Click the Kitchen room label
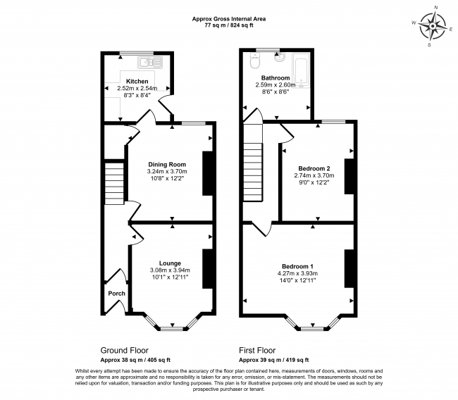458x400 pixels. pyautogui.click(x=137, y=81)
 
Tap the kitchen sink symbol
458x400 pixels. pyautogui.click(x=150, y=62)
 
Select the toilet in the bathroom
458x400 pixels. pyautogui.click(x=254, y=61)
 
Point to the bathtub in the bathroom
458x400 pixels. pyautogui.click(x=301, y=70)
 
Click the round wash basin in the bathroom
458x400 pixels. pyautogui.click(x=280, y=57)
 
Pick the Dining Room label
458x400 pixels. pyautogui.click(x=167, y=164)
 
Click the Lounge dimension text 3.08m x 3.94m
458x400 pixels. pyautogui.click(x=170, y=270)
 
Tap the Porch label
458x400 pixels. pyautogui.click(x=116, y=294)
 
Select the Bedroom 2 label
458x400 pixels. pyautogui.click(x=314, y=168)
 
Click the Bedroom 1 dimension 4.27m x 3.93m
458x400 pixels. pyautogui.click(x=297, y=273)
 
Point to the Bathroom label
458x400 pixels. pyautogui.click(x=276, y=78)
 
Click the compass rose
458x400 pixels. pyautogui.click(x=433, y=27)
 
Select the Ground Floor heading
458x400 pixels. pyautogui.click(x=125, y=350)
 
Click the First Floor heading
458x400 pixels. pyautogui.click(x=257, y=350)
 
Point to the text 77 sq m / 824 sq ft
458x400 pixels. pyautogui.click(x=229, y=25)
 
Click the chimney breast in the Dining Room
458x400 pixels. pyautogui.click(x=207, y=173)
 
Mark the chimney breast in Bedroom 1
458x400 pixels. pyautogui.click(x=349, y=268)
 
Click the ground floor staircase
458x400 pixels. pyautogui.click(x=114, y=183)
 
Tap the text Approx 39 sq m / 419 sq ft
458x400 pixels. pyautogui.click(x=273, y=360)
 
